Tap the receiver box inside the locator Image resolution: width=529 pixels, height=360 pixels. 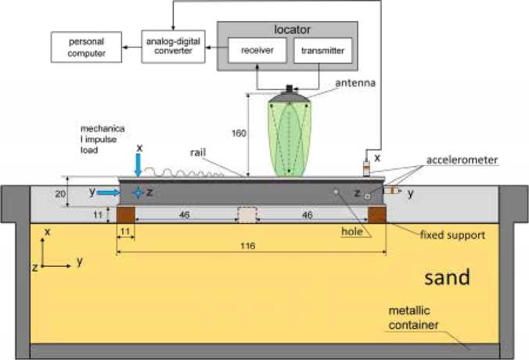point(255,51)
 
